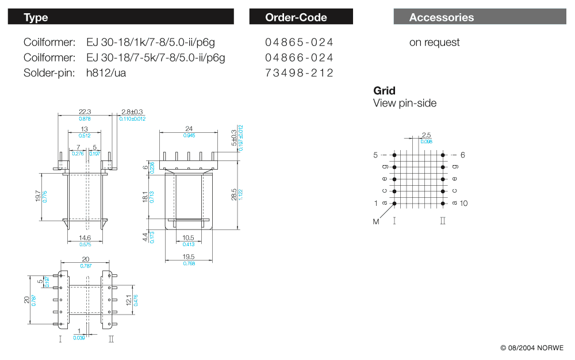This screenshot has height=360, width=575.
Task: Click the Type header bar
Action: point(121,17)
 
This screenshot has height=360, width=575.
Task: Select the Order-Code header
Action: point(301,17)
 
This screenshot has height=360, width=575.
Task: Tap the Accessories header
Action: point(480,17)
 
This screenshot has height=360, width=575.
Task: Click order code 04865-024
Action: point(299,43)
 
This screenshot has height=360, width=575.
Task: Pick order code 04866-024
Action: point(299,58)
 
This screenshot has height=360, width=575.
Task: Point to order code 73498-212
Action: point(299,73)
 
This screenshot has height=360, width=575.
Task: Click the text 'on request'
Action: point(434,43)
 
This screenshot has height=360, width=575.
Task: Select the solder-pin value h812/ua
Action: point(106,73)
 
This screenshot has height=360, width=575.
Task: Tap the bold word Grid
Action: point(384,91)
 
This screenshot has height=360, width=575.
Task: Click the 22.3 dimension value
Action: point(85,112)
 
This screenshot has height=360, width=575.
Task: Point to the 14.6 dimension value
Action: point(85,238)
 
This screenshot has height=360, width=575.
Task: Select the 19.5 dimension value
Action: point(189,257)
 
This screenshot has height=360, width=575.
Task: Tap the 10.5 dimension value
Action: point(189,238)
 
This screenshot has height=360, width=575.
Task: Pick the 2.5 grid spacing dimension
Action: point(426,135)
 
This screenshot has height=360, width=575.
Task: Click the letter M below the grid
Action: point(376,222)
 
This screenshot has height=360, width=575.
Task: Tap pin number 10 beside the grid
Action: point(464,204)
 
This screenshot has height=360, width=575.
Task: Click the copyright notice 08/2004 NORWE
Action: point(532,348)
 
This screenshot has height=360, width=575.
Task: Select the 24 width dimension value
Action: point(189,128)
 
